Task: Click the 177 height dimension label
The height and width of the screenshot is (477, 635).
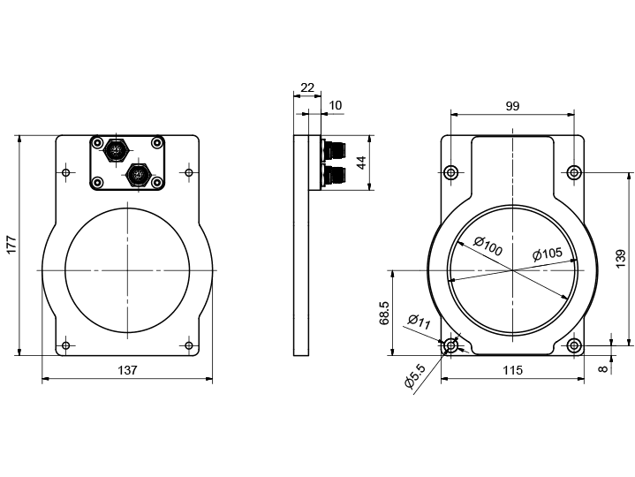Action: (x=11, y=245)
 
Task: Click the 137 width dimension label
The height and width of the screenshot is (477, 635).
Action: (x=127, y=371)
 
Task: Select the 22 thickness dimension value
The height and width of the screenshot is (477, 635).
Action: (x=307, y=87)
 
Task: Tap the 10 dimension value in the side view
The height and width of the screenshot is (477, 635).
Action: (x=336, y=106)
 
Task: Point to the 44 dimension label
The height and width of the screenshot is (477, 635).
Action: (x=360, y=162)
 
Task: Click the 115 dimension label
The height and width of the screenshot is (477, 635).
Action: (x=512, y=370)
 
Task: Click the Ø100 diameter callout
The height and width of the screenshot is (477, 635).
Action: (x=488, y=246)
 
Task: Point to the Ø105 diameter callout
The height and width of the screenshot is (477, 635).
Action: (x=548, y=254)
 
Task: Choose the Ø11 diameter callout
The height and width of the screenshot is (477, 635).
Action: (x=419, y=322)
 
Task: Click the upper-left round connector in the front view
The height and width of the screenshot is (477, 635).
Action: (x=115, y=151)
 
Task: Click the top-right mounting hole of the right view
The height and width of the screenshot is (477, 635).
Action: (x=574, y=171)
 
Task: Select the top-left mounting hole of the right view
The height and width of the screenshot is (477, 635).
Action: (x=451, y=171)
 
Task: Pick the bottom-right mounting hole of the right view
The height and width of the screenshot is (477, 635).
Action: (x=574, y=345)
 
